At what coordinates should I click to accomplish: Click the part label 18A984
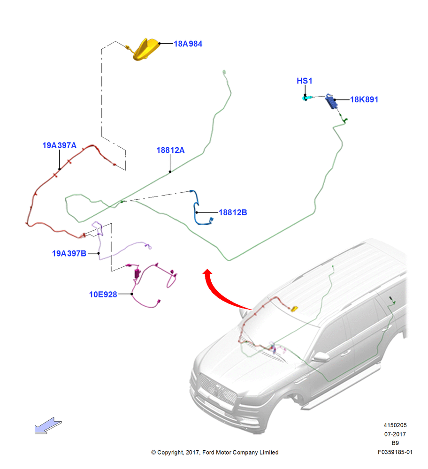tap(188, 44)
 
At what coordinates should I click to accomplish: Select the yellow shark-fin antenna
tap(146, 50)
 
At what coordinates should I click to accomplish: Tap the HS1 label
tap(305, 81)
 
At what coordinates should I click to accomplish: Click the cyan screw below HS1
tap(306, 98)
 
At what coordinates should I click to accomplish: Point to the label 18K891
tap(364, 99)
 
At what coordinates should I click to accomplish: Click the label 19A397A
tap(59, 145)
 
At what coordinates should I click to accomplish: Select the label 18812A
tap(170, 150)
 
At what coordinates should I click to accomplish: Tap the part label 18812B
tap(233, 212)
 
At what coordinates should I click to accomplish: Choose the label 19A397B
tap(69, 253)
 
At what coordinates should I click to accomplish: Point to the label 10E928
tap(103, 295)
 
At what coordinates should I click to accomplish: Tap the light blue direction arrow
tap(48, 426)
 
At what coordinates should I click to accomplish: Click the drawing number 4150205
tap(395, 425)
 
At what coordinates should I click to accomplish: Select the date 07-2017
tap(395, 434)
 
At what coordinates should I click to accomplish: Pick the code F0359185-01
tap(395, 452)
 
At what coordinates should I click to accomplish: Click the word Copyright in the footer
tap(170, 452)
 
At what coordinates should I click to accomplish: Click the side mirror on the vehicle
tap(320, 356)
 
